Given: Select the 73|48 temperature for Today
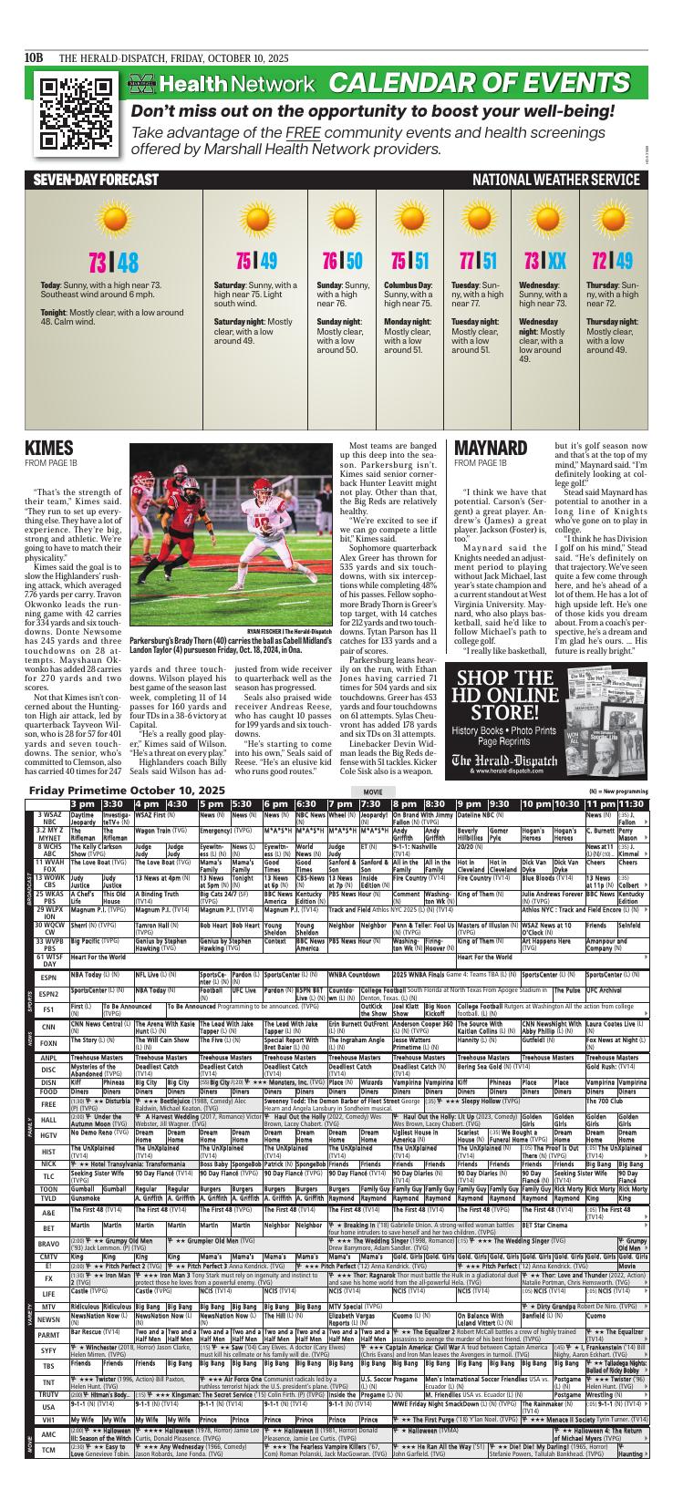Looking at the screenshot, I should click(114, 263).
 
